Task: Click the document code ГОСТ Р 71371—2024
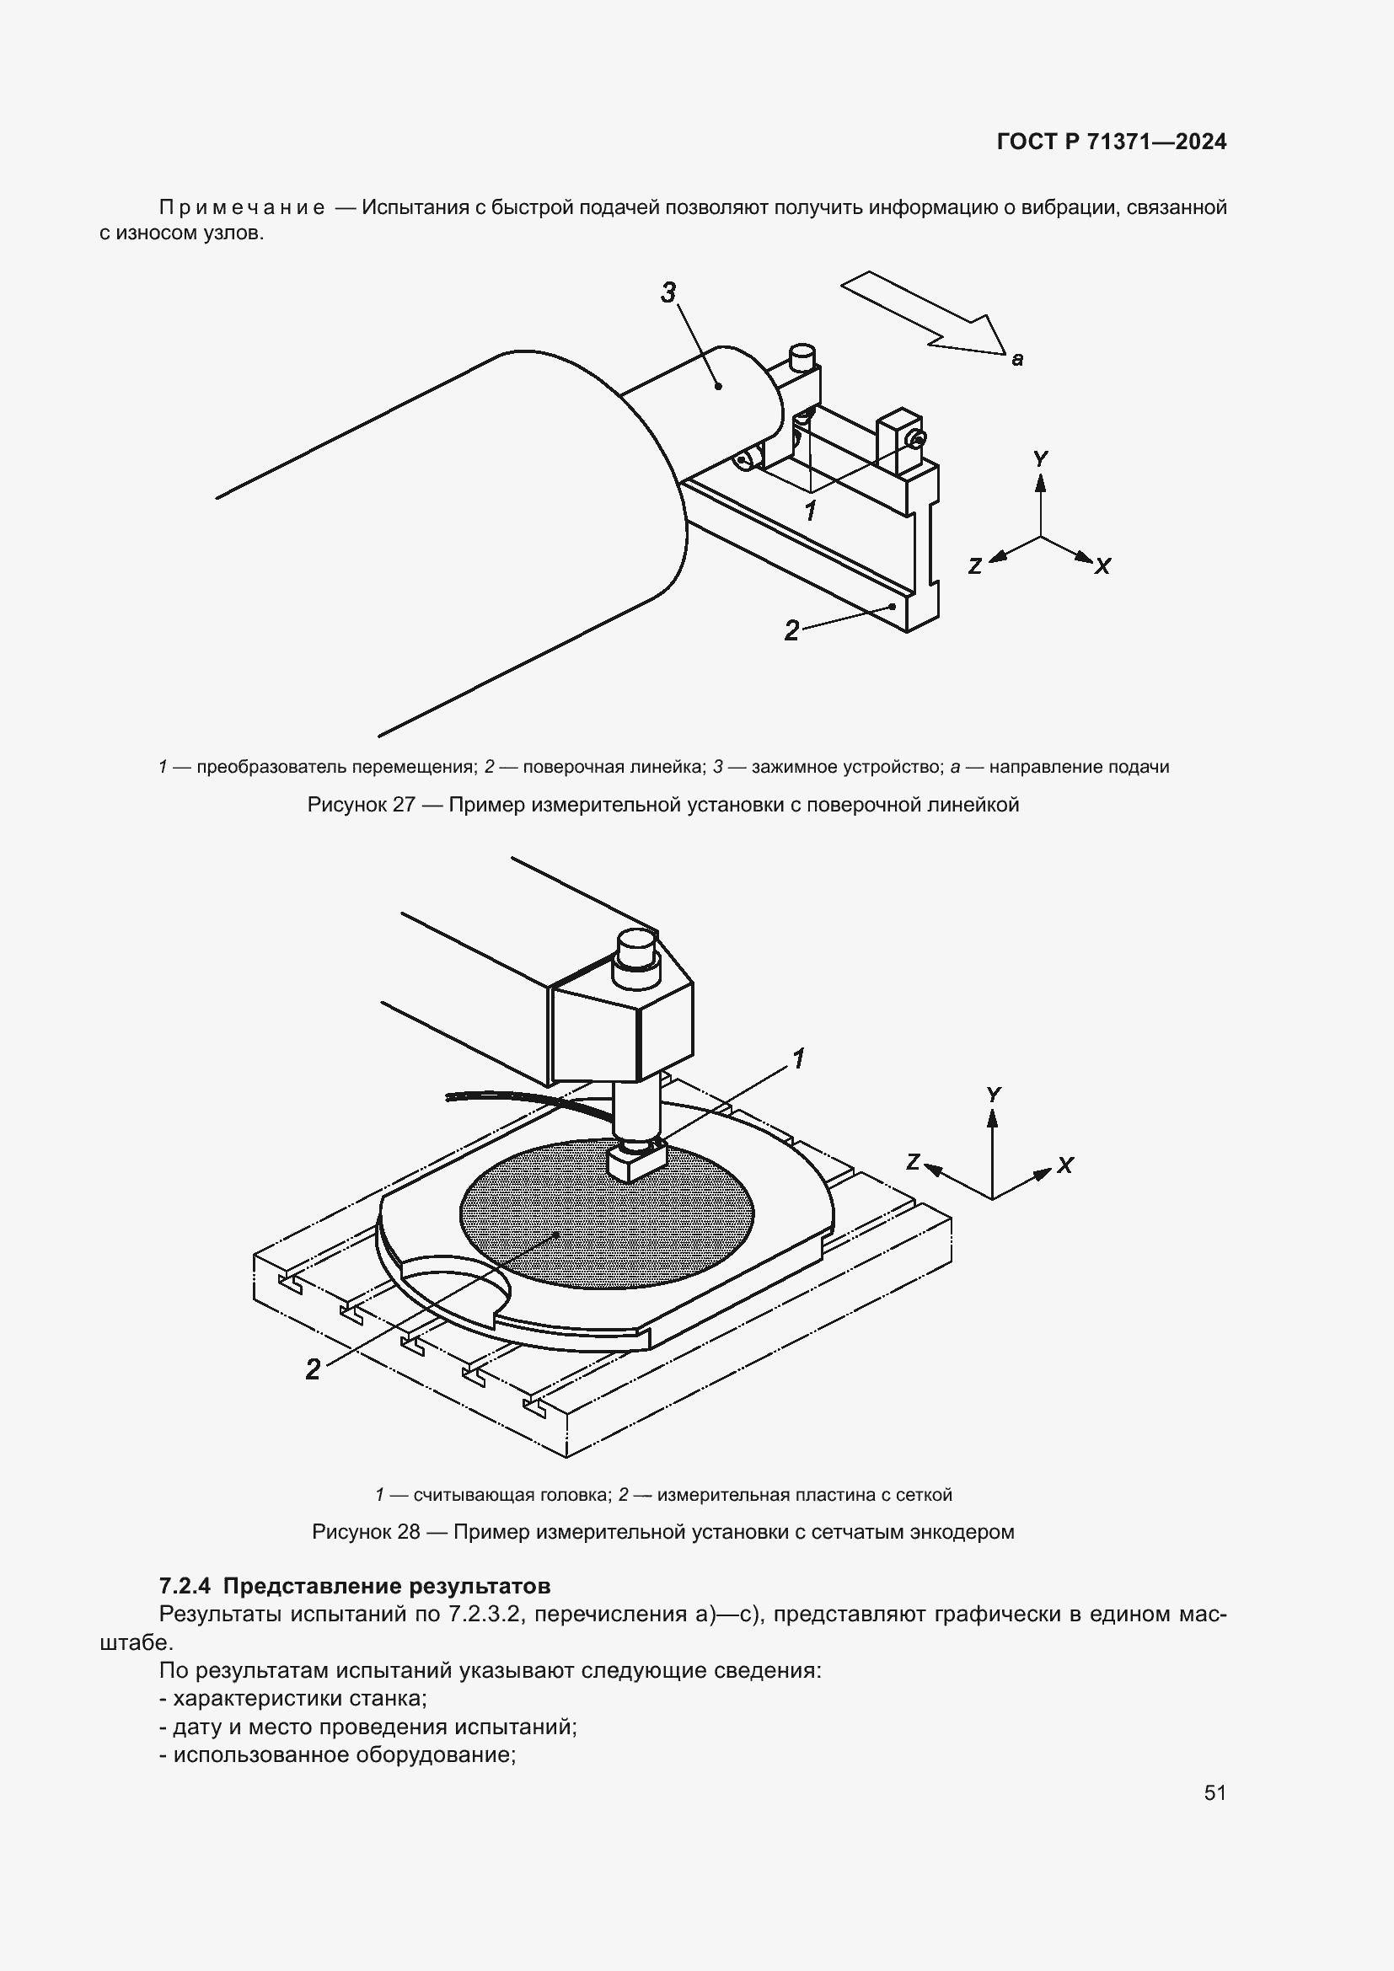click(1112, 142)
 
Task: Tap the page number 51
click(1214, 1792)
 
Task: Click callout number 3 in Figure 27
click(668, 292)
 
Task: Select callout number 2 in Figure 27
click(791, 631)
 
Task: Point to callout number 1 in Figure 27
click(809, 511)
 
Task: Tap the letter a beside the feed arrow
click(1017, 360)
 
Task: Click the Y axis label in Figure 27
click(1040, 459)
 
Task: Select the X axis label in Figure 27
click(1103, 566)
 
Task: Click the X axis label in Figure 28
click(1065, 1165)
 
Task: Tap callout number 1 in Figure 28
click(797, 1059)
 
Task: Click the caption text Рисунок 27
click(362, 806)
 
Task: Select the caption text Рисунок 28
click(366, 1532)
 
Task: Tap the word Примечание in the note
click(242, 208)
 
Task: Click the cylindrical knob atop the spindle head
click(636, 948)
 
